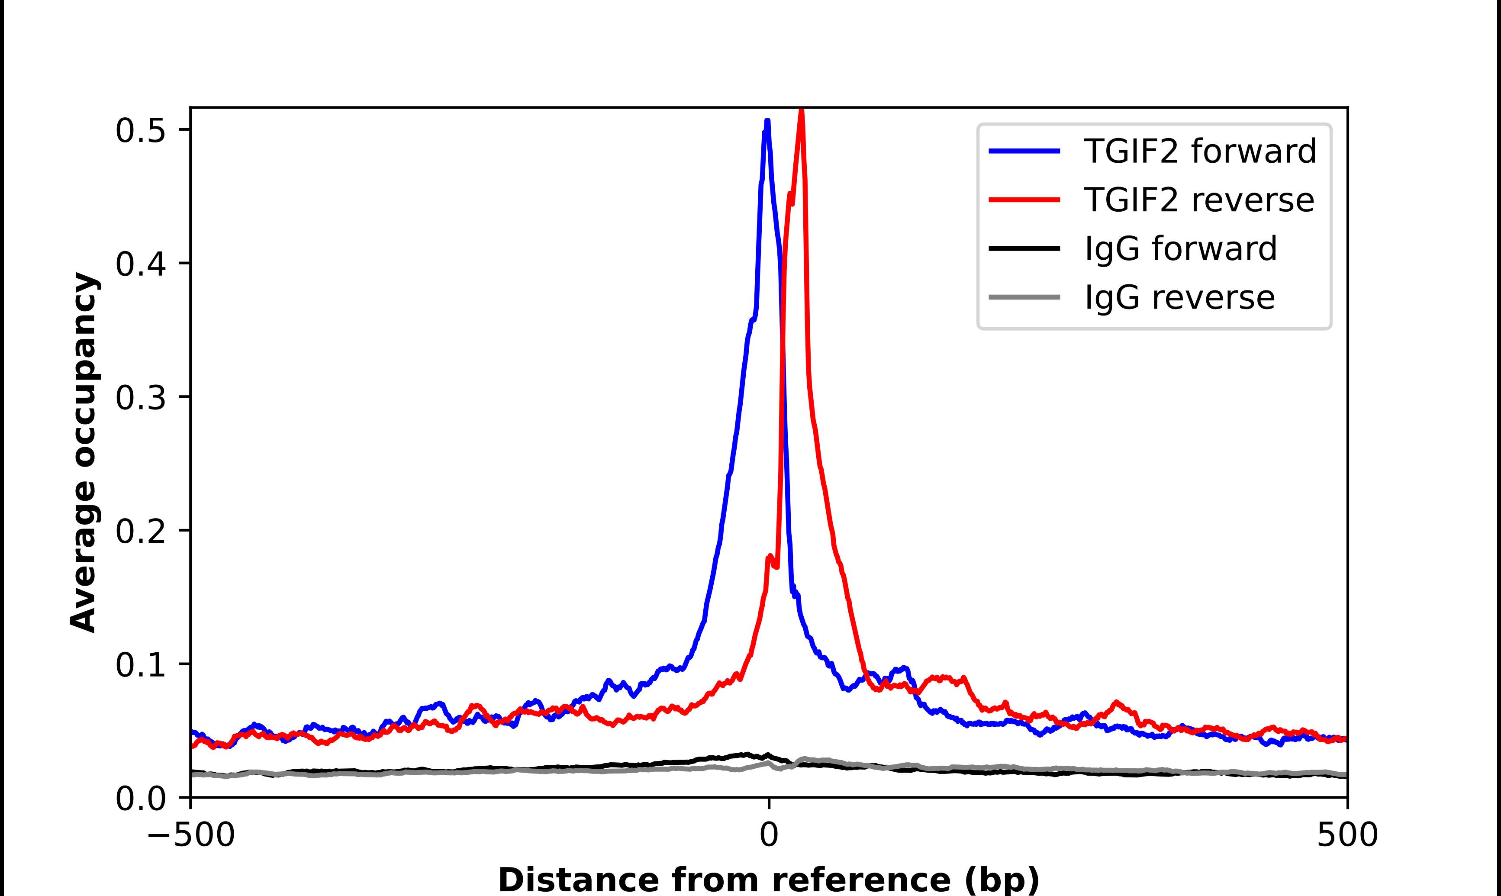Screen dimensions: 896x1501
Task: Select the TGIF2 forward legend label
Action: pos(1200,151)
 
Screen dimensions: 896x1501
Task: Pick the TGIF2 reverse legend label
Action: pos(1198,200)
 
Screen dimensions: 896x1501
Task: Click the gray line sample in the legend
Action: pos(1024,297)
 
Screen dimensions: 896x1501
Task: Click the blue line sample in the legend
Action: pos(1024,151)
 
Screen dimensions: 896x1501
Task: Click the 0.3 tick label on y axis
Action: pos(140,397)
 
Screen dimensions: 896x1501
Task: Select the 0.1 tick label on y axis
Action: pos(140,665)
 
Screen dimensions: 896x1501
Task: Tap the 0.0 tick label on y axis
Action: pos(140,799)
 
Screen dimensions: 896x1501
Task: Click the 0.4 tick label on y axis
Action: pos(140,264)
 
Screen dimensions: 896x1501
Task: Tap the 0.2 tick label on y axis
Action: pos(140,531)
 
